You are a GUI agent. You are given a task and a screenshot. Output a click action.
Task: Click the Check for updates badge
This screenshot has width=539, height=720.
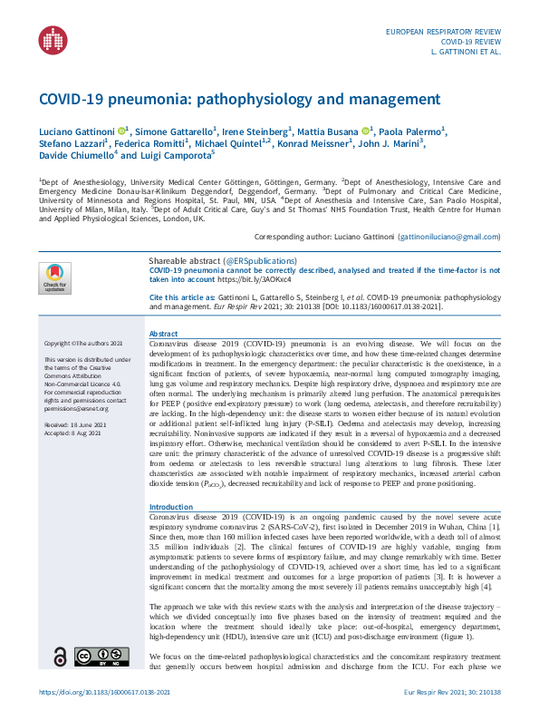(54, 277)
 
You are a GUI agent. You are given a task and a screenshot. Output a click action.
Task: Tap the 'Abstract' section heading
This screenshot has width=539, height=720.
(163, 334)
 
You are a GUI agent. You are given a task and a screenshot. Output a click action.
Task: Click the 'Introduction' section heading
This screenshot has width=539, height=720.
(170, 507)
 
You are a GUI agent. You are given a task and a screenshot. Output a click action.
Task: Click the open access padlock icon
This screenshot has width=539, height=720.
(60, 656)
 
